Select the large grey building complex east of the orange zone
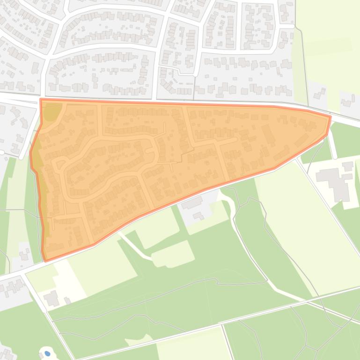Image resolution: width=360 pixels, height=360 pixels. (334, 180)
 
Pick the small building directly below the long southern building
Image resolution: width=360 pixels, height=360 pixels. (198, 216)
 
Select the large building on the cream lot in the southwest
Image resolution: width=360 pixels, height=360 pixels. (51, 297)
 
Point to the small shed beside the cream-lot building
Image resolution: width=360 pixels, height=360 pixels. (67, 300)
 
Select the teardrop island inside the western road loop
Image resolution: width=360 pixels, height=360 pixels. (60, 164)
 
